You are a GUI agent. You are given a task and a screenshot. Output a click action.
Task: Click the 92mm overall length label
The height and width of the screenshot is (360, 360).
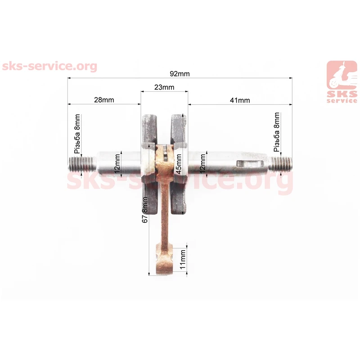(180, 74)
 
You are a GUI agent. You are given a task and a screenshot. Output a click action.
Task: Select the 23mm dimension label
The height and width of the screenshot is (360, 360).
(164, 87)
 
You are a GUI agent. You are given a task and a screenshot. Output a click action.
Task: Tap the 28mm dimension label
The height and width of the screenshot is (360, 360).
(104, 100)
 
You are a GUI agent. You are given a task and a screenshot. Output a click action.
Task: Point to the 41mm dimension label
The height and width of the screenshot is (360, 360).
(240, 100)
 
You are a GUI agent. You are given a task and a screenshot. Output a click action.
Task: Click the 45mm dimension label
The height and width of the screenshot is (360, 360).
(179, 164)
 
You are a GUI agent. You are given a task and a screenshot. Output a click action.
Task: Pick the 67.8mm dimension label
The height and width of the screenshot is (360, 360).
(145, 210)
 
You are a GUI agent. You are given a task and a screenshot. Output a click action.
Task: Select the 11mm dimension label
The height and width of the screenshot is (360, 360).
(183, 260)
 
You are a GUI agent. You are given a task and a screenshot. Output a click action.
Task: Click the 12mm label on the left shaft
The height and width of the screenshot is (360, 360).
(117, 164)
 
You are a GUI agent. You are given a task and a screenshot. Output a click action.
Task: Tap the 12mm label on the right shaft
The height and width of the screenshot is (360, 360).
(202, 164)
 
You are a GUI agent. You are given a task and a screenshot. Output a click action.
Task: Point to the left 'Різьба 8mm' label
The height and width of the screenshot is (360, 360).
(77, 134)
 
